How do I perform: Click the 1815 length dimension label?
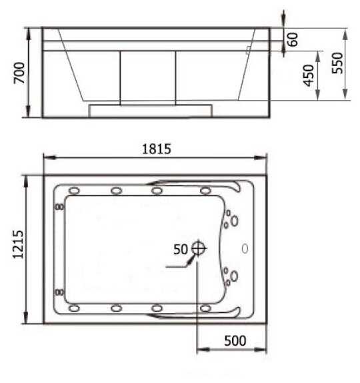pos(157,149)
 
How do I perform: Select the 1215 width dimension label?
pos(18,244)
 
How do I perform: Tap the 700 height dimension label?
pos(19,73)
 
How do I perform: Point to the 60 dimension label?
pos(293,39)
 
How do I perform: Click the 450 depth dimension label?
pos(308,75)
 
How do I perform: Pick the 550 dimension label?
pos(337,63)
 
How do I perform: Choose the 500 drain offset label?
pos(235,340)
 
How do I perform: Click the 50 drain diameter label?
pos(181,250)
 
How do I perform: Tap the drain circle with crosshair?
pos(198,248)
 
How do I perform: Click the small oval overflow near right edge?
pos(245,249)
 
